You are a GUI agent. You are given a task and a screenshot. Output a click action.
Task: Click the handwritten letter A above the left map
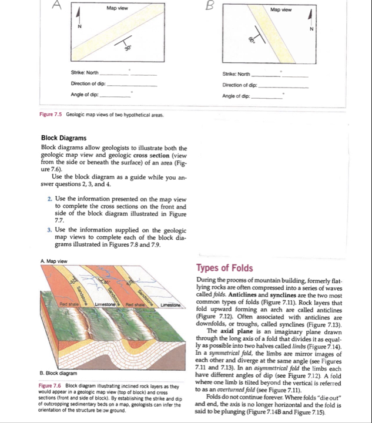click(x=57, y=5)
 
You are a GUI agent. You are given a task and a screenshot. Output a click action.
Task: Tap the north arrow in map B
click(x=312, y=21)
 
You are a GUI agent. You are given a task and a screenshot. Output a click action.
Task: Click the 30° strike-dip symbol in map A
click(x=125, y=45)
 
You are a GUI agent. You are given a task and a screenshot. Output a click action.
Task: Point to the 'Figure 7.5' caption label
click(x=52, y=115)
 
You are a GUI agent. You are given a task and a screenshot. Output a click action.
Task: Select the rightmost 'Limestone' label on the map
click(x=171, y=304)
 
